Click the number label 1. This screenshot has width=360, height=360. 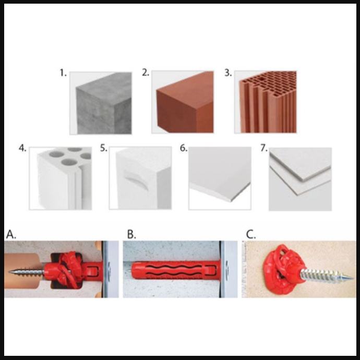63,73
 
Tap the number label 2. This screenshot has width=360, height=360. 146,73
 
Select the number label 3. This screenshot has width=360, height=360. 228,73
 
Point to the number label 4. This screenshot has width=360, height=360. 22,148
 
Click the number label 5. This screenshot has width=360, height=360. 103,148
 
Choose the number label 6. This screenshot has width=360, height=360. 184,148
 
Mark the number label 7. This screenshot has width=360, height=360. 264,148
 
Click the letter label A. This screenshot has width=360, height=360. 11,234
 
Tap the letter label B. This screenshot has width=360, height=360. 131,234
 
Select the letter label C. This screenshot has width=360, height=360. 251,234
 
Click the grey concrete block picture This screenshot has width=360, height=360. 101,103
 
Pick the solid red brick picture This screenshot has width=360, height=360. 183,102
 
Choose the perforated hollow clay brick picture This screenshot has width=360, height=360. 266,102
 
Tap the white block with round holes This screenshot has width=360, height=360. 61,178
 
